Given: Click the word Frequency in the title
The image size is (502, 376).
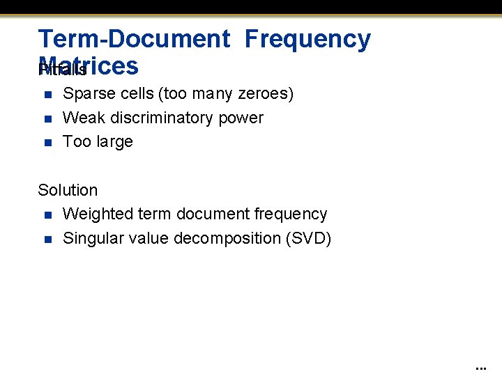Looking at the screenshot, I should pos(307,39).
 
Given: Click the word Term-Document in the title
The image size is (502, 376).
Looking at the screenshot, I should pos(134,39).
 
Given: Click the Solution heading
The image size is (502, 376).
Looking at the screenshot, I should pos(68,190).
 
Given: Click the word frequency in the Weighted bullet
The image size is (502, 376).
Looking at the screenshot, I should pos(291,214).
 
